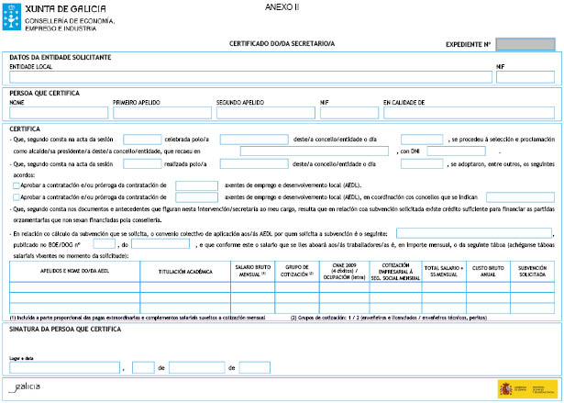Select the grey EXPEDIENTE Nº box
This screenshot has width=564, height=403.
525,43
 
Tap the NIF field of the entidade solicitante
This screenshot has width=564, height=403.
525,77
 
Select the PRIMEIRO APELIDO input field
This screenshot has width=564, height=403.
161,113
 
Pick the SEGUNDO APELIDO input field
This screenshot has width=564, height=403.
266,113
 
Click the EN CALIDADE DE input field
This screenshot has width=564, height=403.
468,113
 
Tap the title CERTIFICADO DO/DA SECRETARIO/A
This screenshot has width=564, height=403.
282,43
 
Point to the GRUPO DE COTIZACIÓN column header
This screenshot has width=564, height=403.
296,272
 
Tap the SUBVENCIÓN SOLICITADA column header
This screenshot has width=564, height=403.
533,272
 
